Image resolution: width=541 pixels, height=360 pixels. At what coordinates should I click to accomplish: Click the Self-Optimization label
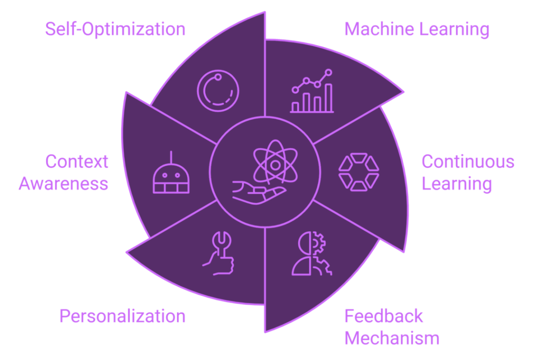[x=115, y=29]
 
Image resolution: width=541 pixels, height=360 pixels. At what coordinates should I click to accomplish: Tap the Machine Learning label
[x=417, y=29]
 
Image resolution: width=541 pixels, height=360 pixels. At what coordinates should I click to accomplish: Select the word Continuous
[x=468, y=162]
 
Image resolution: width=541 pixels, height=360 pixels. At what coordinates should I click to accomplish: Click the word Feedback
[x=384, y=316]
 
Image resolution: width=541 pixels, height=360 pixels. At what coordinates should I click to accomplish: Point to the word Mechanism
[x=392, y=338]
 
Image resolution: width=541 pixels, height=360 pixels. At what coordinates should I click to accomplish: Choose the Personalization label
[x=123, y=316]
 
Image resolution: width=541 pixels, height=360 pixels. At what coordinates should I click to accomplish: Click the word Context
[x=77, y=162]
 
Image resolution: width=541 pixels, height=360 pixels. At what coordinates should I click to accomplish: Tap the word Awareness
[x=63, y=183]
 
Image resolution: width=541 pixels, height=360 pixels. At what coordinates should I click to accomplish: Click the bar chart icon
[x=312, y=91]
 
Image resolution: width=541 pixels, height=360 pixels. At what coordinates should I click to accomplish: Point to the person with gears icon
[x=312, y=254]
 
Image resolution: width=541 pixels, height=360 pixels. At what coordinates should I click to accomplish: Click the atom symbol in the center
[x=275, y=162]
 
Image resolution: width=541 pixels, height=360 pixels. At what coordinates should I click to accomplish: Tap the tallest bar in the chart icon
[x=329, y=98]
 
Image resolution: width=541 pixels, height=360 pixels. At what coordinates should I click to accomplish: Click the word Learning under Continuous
[x=457, y=184]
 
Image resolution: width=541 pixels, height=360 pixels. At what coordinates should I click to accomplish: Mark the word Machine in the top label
[x=379, y=29]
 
